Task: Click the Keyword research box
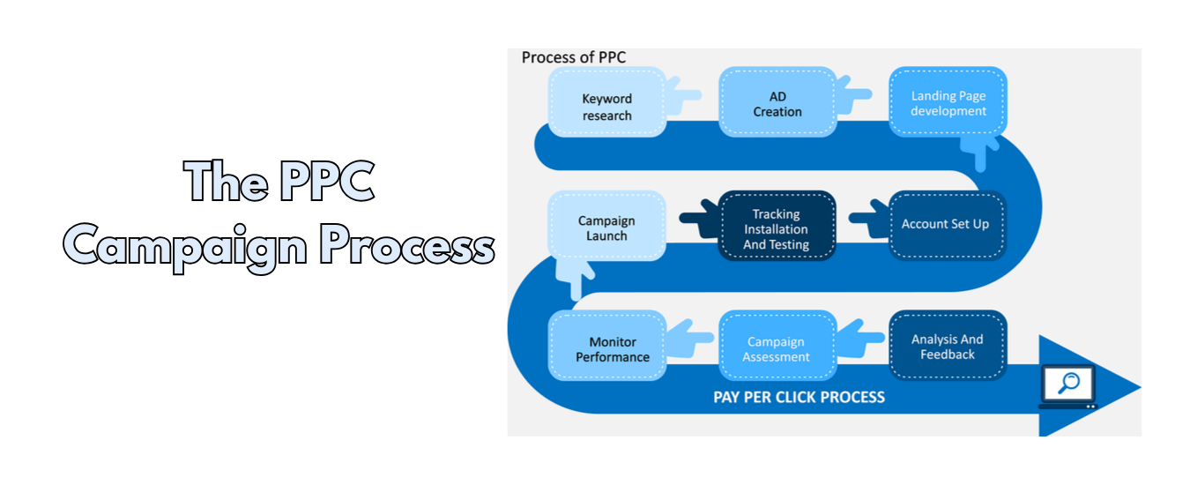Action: click(606, 103)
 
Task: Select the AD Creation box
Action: click(777, 103)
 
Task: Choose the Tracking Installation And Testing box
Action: click(777, 228)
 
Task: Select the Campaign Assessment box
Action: click(777, 347)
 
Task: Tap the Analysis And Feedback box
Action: click(948, 346)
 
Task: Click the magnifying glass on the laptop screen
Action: click(1068, 384)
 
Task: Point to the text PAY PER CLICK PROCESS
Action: click(799, 397)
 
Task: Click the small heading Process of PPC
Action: click(574, 57)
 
